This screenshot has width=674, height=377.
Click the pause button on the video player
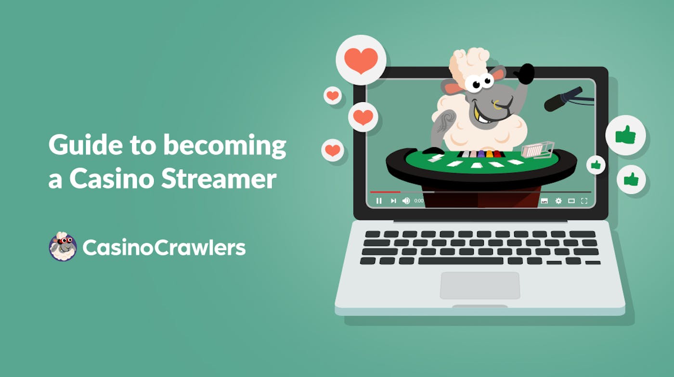tap(379, 201)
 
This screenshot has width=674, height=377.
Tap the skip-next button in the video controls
tap(393, 201)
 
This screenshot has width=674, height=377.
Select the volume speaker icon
tap(406, 201)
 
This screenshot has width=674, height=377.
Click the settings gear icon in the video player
tap(558, 201)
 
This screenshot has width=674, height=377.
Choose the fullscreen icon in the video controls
tap(584, 201)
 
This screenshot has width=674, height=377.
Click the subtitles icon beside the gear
tap(544, 201)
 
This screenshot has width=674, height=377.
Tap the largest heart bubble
tap(361, 60)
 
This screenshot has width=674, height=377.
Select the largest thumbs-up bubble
tap(625, 135)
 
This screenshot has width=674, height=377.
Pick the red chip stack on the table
tap(497, 154)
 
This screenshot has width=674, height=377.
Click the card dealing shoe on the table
tap(537, 150)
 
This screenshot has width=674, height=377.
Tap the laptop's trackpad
tap(480, 285)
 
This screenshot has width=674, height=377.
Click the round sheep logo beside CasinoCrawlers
tap(63, 247)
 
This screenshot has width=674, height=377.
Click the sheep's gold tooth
tap(477, 115)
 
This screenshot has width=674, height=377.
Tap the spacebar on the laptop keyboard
tap(462, 261)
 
